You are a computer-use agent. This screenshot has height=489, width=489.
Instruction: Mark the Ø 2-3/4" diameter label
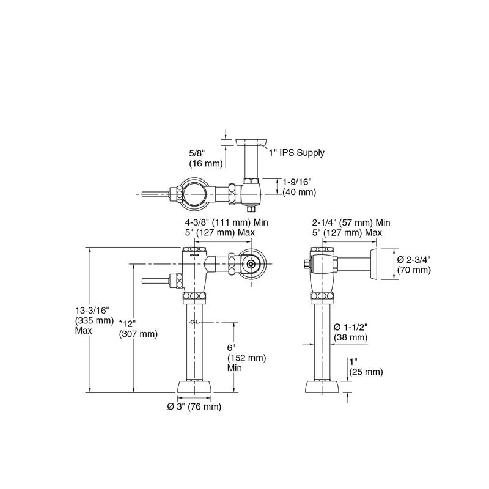pyautogui.click(x=414, y=259)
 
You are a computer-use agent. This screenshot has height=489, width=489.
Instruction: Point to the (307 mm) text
pyautogui.click(x=138, y=334)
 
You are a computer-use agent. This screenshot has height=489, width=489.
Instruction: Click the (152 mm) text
pyautogui.click(x=247, y=358)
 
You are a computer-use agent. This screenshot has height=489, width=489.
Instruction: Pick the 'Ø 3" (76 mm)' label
pyautogui.click(x=194, y=407)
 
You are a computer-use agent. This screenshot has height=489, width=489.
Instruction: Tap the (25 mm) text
pyautogui.click(x=366, y=372)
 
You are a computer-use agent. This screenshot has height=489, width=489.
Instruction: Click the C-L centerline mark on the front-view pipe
pyautogui.click(x=195, y=322)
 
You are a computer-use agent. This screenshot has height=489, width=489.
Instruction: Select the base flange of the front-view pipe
pyautogui.click(x=195, y=388)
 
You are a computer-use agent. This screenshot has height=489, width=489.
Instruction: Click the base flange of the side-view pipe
pyautogui.click(x=323, y=388)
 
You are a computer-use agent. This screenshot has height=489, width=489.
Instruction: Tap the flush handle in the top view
pyautogui.click(x=153, y=194)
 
